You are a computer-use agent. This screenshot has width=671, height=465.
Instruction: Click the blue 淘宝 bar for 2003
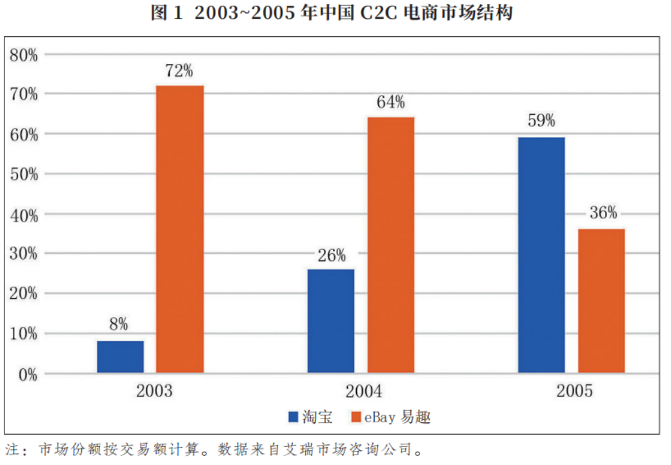tap(121, 356)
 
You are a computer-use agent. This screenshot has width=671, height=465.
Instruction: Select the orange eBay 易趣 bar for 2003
tap(180, 229)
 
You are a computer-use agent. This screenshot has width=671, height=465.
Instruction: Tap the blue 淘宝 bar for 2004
tap(331, 321)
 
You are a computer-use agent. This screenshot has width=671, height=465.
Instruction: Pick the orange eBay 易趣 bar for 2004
tap(391, 245)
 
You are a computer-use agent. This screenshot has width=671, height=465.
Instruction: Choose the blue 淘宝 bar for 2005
tap(541, 255)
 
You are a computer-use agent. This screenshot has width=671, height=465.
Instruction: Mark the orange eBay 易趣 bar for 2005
tap(601, 301)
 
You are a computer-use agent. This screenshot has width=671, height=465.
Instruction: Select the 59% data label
tap(541, 121)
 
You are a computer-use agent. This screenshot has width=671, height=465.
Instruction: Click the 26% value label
tap(332, 254)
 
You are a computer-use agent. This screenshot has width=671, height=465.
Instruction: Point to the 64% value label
tap(390, 102)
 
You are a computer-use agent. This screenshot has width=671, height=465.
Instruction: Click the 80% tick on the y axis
tap(24, 55)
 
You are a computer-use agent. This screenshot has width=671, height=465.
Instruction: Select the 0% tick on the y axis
tap(28, 374)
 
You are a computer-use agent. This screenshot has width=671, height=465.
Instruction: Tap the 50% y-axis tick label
tap(24, 174)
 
